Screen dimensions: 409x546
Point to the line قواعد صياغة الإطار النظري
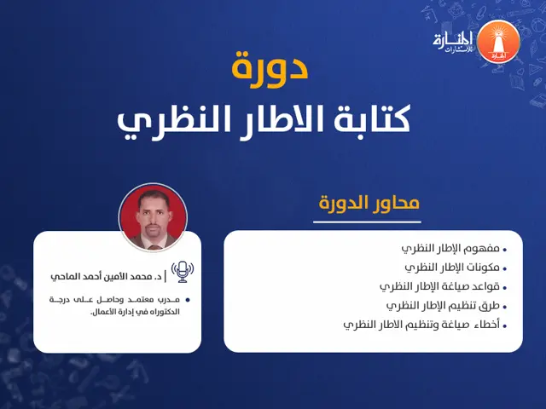(x=439, y=286)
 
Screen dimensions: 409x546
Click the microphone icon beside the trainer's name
(x=182, y=272)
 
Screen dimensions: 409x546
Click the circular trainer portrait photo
(x=153, y=217)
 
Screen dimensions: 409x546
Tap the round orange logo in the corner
(x=496, y=42)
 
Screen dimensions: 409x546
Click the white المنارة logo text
(x=452, y=39)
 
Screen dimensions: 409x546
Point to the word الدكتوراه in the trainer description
(x=161, y=312)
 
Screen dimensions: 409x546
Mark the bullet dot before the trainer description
(x=188, y=300)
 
